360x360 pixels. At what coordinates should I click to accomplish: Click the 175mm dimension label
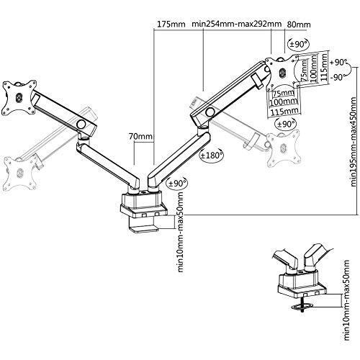point(171,24)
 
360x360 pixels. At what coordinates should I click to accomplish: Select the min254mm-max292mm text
point(237,24)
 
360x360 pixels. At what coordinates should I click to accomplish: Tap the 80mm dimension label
point(299,24)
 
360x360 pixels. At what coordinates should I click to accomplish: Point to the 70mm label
point(140,136)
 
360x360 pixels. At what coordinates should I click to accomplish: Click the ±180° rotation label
point(211,156)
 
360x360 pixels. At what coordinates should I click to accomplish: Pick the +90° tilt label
point(338,63)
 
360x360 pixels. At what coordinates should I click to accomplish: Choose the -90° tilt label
point(338,78)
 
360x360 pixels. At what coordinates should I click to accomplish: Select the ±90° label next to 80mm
point(299,44)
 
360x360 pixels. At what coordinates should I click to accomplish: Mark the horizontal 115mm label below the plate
point(284,112)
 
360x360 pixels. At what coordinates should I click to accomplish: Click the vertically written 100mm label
point(314,68)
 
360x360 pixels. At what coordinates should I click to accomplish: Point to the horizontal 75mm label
point(284,93)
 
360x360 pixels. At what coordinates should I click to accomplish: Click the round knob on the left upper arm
point(81,124)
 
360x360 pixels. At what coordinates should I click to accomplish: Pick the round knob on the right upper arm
point(210,111)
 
